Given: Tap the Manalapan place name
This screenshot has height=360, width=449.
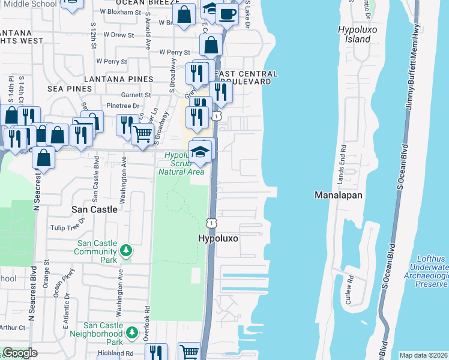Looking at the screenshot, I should (337, 195).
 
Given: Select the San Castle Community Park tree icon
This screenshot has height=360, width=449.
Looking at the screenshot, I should (126, 250).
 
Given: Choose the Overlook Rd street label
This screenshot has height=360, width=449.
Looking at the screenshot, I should (147, 325).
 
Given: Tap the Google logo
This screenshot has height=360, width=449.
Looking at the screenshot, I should (20, 353).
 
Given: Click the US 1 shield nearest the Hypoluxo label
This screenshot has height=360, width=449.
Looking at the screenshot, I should (212, 223).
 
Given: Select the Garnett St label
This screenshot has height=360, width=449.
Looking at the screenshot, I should (137, 95).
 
